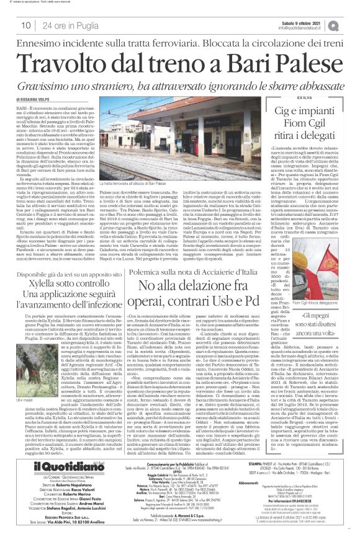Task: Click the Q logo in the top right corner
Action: [x=351, y=24]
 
